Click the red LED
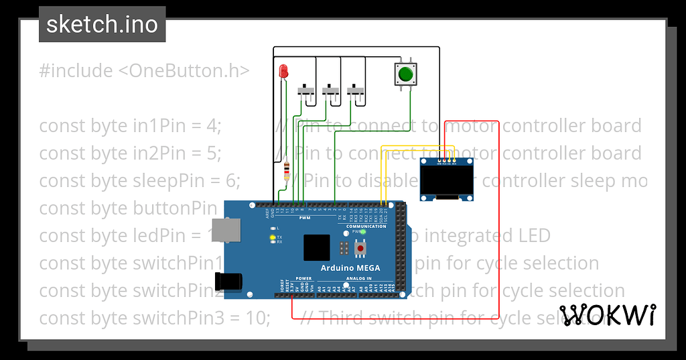tap(283, 70)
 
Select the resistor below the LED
tap(287, 172)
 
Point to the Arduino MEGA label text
tap(350, 268)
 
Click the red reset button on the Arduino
tap(361, 249)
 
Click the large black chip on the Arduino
tap(317, 248)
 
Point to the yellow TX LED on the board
tap(272, 237)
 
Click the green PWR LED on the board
tap(363, 232)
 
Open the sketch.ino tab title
tap(102, 24)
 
